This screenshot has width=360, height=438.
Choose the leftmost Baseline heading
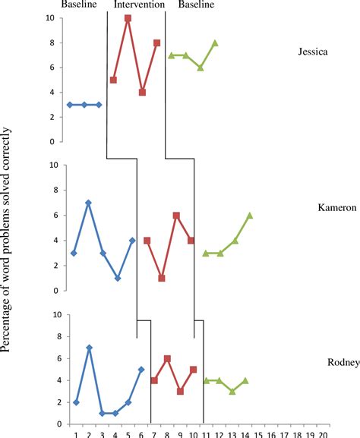pos(83,5)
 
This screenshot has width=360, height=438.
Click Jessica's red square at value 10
pos(128,18)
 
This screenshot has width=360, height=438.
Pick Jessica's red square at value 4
pos(142,93)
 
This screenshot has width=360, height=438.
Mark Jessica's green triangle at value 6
pos(201,68)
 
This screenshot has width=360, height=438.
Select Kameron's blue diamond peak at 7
pos(89,203)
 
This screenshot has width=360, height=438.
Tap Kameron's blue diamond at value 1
pos(118,278)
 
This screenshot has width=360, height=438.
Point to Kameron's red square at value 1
pos(162,278)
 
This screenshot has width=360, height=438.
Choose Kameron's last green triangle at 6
pos(250,216)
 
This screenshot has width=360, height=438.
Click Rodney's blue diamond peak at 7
pos(89,348)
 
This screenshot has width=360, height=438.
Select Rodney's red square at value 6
pos(167,358)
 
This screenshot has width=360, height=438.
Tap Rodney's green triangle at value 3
pos(232,391)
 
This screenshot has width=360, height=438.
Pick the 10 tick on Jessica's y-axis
pos(49,18)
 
